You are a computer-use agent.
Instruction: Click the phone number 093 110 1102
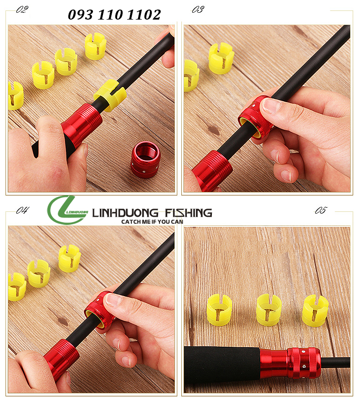114,15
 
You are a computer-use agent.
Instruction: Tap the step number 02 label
22,10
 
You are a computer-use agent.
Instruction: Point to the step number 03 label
198,10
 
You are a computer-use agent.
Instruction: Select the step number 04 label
23,210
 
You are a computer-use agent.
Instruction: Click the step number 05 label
320,210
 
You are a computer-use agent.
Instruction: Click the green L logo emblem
67,210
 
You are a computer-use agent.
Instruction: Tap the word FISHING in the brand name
188,213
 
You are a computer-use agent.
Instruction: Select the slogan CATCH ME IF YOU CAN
152,222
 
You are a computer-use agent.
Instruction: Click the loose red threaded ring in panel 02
145,159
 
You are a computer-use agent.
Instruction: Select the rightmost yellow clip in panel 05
315,310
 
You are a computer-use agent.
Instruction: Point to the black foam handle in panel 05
222,365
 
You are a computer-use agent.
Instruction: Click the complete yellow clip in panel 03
221,58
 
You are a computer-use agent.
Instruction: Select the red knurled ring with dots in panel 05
304,363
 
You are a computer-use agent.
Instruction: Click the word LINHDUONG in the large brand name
125,213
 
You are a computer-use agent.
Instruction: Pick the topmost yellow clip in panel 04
70,258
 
